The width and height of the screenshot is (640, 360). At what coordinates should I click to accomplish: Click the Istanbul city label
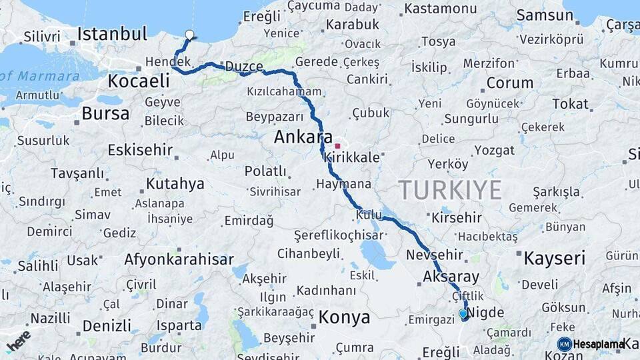coord(112,33)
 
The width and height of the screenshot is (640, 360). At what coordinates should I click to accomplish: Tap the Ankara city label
coord(303,138)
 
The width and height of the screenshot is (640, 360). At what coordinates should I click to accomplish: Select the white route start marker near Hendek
coord(189,35)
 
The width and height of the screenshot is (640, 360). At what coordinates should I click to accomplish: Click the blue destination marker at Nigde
coord(463,313)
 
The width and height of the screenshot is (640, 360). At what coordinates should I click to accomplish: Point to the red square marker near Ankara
coord(338,146)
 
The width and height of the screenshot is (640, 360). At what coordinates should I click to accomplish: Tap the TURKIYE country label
coord(451,190)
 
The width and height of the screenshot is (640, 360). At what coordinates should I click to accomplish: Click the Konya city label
coord(344,317)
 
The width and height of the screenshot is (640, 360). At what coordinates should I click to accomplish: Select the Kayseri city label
coord(554,258)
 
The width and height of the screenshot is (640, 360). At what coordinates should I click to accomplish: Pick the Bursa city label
coord(105,113)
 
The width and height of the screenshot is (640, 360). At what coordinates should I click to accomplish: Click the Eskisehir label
coord(140,149)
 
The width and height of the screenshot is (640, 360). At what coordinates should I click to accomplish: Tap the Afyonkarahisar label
coord(179,259)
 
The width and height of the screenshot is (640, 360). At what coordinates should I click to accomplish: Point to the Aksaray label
coord(451,277)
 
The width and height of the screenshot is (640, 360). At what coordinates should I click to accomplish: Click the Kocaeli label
coord(139,81)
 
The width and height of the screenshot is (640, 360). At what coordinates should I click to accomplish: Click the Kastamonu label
coord(441,9)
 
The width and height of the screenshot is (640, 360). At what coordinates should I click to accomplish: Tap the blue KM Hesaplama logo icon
coord(564,344)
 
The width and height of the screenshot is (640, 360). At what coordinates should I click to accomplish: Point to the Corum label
coord(510,83)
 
